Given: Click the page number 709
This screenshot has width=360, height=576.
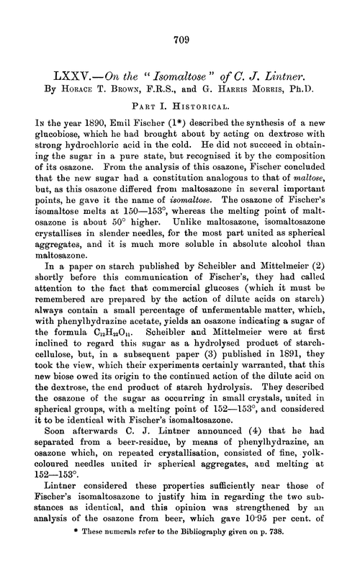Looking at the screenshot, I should point(180,41).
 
